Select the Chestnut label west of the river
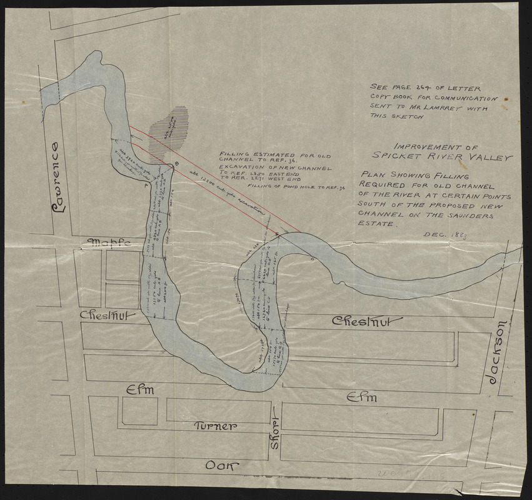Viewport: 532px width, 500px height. (108, 317)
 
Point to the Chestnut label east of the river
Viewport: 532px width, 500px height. (362, 322)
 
